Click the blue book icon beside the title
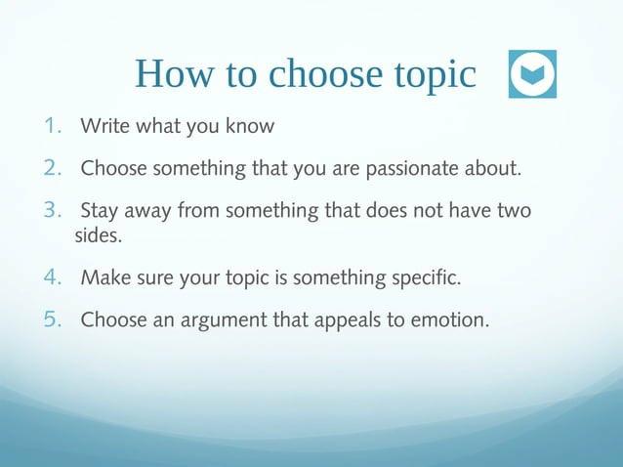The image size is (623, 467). coord(532,74)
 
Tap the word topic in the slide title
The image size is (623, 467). coord(432,75)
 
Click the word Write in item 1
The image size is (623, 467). coord(103,126)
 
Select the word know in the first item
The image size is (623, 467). coord(253,126)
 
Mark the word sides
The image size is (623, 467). coord(99,235)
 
